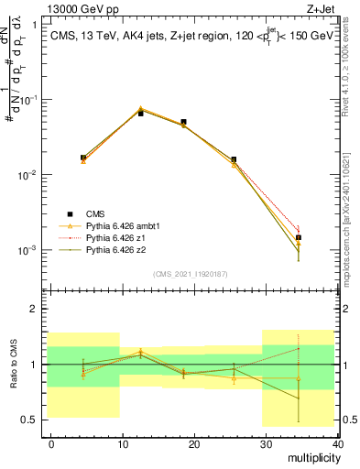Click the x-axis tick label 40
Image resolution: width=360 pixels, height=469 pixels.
337,442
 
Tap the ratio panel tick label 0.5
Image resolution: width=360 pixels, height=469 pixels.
32,420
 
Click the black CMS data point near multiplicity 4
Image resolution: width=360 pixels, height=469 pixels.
83,158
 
